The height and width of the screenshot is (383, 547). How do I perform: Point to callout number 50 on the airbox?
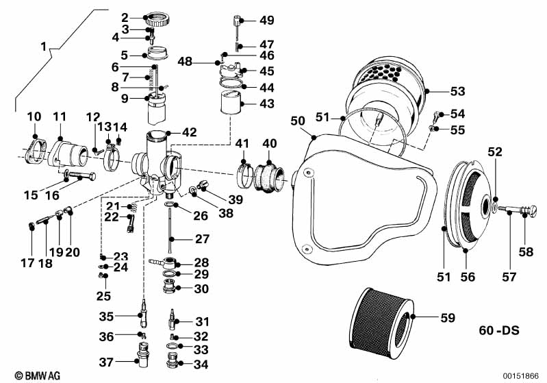click(x=297, y=121)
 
